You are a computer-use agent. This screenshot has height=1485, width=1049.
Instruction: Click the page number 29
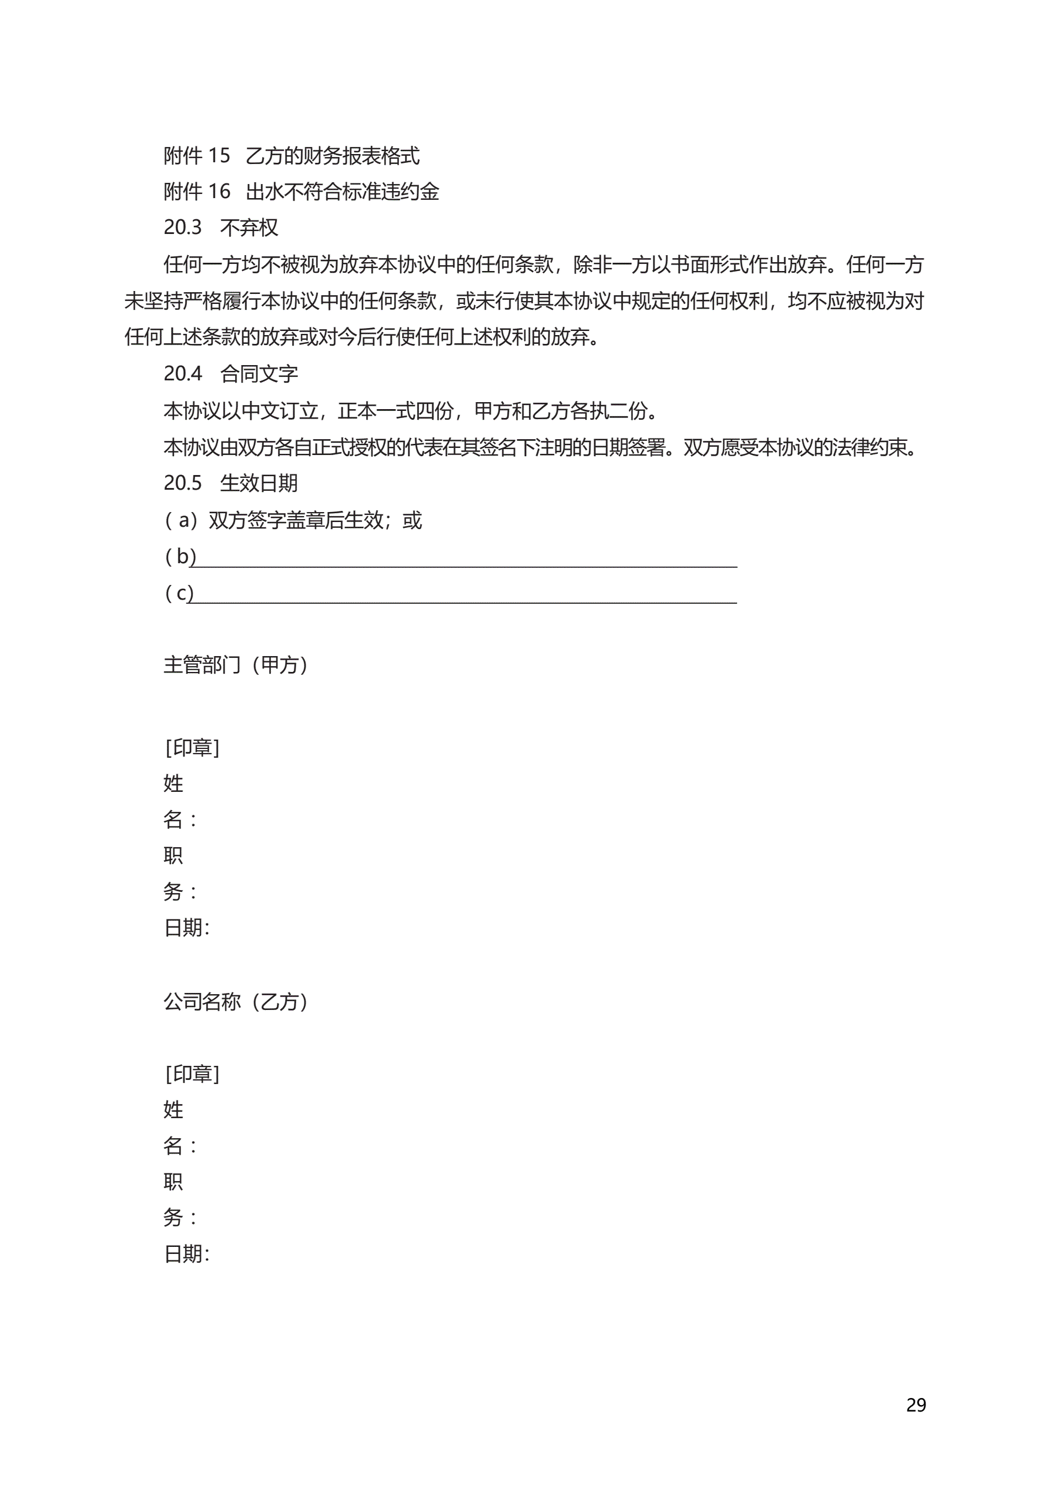[915, 1405]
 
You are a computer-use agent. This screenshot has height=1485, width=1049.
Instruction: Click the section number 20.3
[182, 228]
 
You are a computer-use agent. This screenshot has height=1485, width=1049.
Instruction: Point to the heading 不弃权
[249, 228]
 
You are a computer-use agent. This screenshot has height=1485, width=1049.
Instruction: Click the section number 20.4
[182, 374]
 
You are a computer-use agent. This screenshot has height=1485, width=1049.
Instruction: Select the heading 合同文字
[259, 374]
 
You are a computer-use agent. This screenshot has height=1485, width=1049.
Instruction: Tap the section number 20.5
[182, 483]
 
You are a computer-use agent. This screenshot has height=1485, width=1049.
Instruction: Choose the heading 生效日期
[259, 483]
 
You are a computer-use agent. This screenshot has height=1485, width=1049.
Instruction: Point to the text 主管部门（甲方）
[236, 665]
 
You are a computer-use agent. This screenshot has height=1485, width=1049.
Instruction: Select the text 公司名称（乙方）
[236, 1002]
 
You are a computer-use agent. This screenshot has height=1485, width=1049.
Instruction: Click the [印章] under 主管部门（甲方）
[192, 748]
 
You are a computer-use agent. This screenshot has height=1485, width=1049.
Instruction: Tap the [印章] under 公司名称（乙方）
[192, 1074]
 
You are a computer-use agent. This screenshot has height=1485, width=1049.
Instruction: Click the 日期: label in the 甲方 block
[186, 928]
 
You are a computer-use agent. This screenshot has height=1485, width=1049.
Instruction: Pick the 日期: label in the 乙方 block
[186, 1255]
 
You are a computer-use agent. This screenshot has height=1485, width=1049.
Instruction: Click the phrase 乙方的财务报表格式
[333, 156]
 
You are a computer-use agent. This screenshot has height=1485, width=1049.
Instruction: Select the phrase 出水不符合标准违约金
[342, 192]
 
